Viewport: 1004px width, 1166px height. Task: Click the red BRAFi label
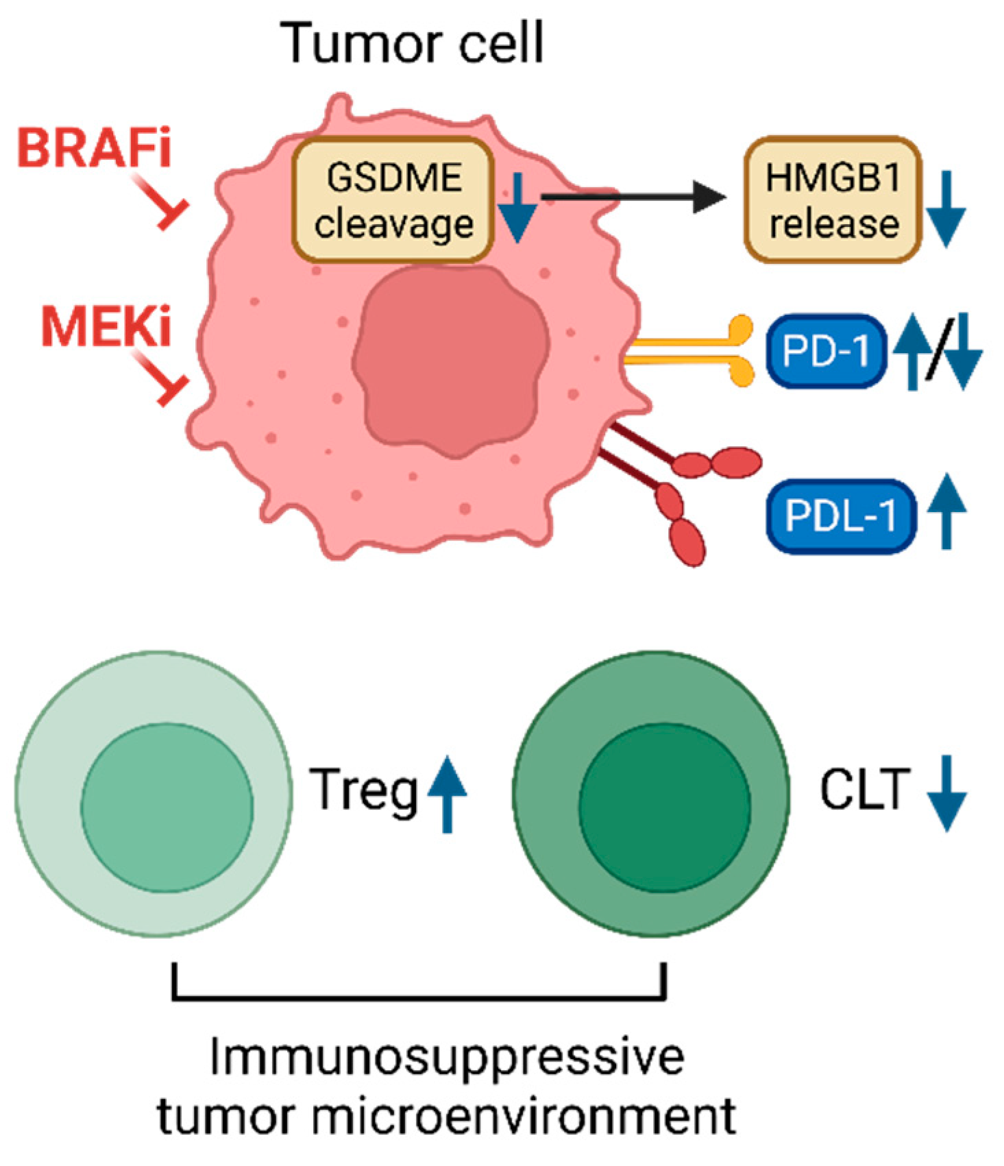(x=94, y=149)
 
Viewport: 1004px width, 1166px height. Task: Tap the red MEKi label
(x=106, y=327)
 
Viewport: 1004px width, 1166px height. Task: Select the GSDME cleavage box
(x=393, y=200)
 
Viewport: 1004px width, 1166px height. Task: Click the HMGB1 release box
(x=832, y=200)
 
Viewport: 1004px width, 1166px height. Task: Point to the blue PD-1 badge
(x=825, y=351)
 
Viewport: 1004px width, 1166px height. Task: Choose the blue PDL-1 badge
(x=840, y=515)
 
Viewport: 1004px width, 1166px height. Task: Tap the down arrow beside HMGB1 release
(x=946, y=208)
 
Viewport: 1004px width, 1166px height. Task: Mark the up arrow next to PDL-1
(x=946, y=510)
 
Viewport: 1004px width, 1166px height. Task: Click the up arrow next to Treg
(x=447, y=793)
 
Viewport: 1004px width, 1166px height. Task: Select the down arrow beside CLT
(x=946, y=793)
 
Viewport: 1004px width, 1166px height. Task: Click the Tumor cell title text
(x=412, y=42)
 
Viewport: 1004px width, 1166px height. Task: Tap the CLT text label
(x=865, y=790)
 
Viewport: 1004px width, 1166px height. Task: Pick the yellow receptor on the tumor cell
(x=692, y=351)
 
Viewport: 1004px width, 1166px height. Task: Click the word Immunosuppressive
(x=446, y=1058)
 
